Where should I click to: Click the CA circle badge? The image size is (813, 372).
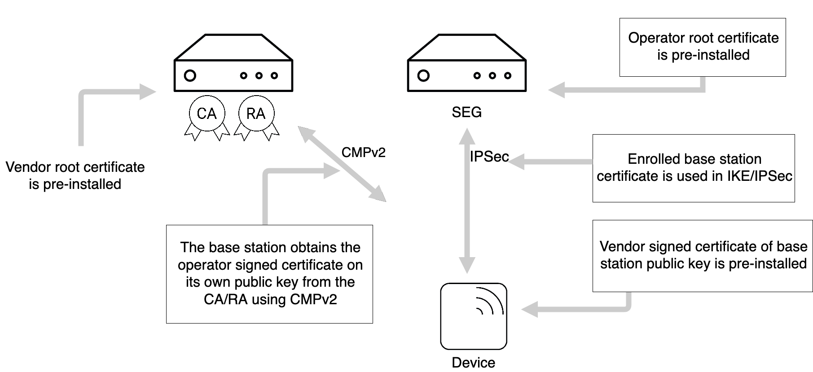coord(207,114)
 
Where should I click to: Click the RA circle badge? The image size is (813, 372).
coord(256,114)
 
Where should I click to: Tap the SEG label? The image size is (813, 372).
coord(466,112)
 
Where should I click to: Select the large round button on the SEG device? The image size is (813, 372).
coord(423,75)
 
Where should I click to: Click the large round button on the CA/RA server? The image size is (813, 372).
coord(190,75)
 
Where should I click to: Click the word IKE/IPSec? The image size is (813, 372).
coord(759,176)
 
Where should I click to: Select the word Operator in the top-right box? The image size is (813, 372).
coord(650,38)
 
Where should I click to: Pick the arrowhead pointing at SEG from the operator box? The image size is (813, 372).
coord(556,90)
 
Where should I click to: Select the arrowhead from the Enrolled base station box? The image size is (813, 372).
coord(516,162)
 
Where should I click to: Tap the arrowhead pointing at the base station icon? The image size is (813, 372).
coord(529,309)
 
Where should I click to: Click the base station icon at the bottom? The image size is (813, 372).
coord(474,316)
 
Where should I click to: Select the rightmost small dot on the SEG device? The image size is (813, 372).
coord(508,76)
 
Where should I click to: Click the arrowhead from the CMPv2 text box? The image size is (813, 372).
coord(332,171)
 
